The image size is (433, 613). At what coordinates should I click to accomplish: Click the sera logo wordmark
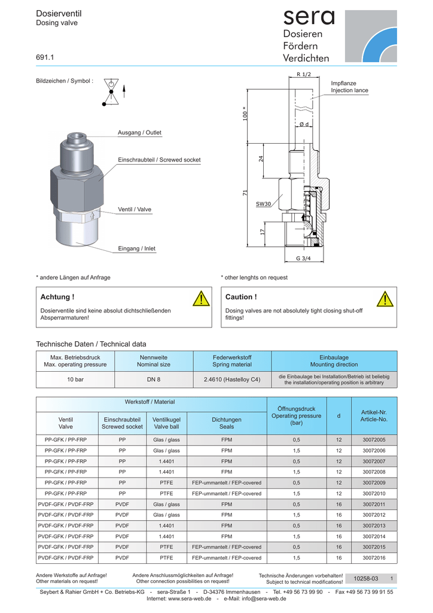click(x=309, y=17)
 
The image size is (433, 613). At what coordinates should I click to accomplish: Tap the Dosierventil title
click(x=59, y=13)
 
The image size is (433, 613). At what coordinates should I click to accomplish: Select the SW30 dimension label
click(x=264, y=204)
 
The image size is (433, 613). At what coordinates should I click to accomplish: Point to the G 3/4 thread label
click(x=303, y=258)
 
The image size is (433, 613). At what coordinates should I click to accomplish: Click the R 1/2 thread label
click(x=304, y=74)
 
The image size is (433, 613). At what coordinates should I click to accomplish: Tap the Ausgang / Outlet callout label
click(x=139, y=132)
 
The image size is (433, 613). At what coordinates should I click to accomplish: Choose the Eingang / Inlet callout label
click(x=136, y=248)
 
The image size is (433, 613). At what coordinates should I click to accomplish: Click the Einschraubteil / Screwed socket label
click(x=159, y=160)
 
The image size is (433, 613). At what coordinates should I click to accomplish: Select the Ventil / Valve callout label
click(x=135, y=210)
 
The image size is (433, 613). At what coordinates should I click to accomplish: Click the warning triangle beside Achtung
click(x=202, y=298)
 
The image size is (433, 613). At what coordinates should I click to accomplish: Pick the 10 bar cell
click(x=75, y=380)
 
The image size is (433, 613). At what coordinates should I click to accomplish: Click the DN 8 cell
click(x=154, y=380)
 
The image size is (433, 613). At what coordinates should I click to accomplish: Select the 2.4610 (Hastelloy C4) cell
click(x=232, y=380)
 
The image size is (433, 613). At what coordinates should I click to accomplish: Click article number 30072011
click(x=374, y=504)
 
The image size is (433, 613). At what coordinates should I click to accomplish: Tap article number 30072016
click(x=374, y=558)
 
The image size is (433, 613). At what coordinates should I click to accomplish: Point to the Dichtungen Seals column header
click(x=227, y=423)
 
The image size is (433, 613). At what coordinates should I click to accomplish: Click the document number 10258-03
click(x=366, y=579)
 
